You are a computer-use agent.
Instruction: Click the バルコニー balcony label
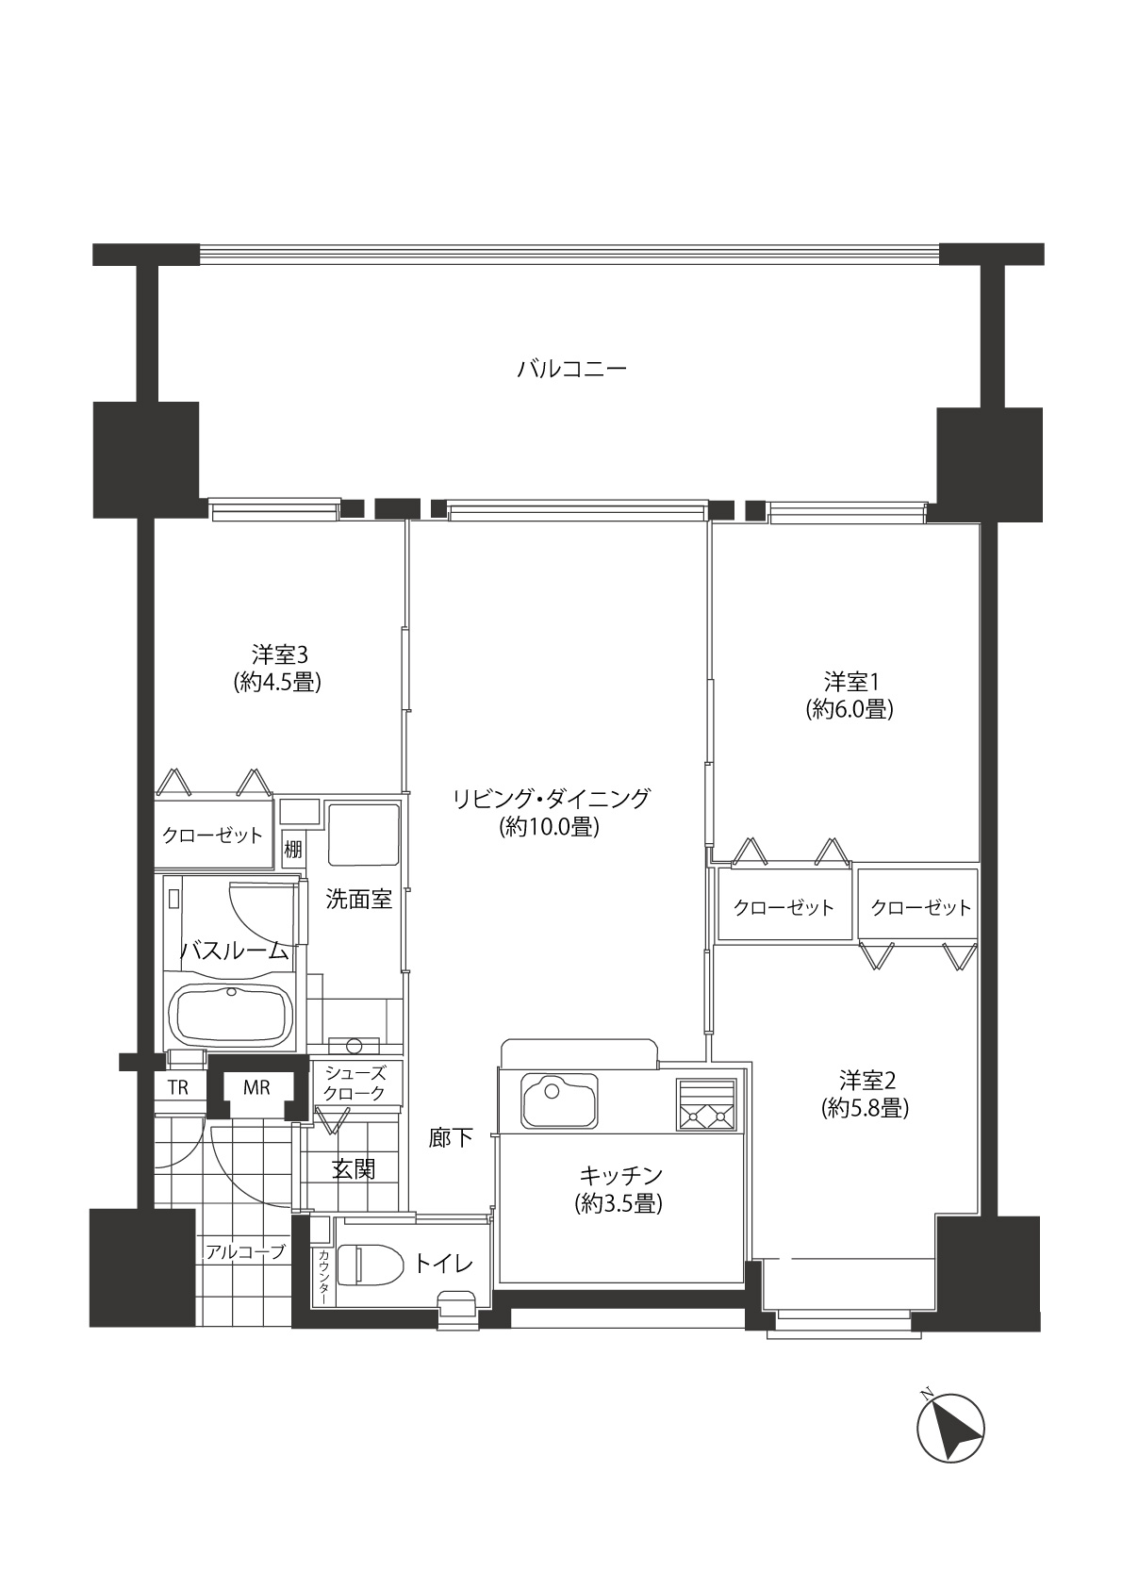click(x=571, y=369)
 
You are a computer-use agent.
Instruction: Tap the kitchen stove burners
click(x=706, y=1104)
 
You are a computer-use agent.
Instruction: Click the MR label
click(x=256, y=1087)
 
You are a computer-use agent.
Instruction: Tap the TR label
click(x=177, y=1087)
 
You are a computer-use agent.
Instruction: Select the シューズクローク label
click(x=355, y=1083)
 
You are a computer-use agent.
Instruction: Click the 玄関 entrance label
click(x=354, y=1169)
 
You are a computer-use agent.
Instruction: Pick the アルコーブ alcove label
click(x=245, y=1252)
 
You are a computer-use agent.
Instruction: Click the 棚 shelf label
click(x=293, y=849)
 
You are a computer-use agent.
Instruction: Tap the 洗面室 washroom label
click(x=358, y=899)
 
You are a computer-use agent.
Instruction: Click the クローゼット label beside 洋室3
click(x=212, y=835)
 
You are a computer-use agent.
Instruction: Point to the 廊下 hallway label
click(x=450, y=1137)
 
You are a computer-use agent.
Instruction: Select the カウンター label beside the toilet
click(x=322, y=1275)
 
